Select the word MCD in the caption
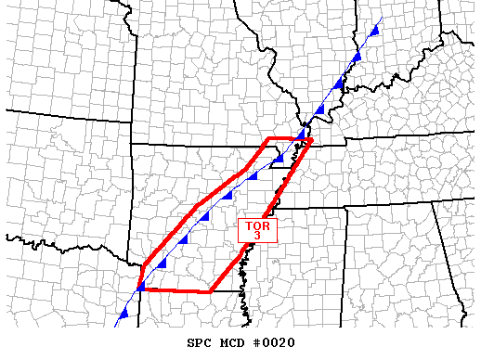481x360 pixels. [x=227, y=343]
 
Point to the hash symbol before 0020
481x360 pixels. [x=254, y=343]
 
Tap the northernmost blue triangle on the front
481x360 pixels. [x=374, y=31]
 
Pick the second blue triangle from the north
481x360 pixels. [x=356, y=58]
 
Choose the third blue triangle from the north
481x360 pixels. [x=339, y=84]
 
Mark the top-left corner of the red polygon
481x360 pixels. [x=268, y=139]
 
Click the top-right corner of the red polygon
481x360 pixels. [x=312, y=139]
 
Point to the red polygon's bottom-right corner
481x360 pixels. [x=210, y=291]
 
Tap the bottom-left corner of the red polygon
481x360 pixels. [x=138, y=289]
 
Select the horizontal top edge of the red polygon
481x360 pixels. [x=290, y=139]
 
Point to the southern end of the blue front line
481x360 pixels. [x=115, y=327]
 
